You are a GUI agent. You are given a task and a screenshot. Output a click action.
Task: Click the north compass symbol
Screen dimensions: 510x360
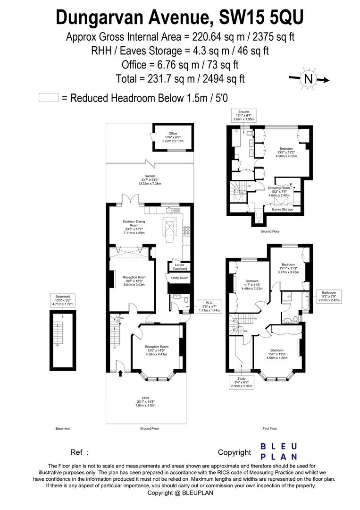click(x=309, y=79)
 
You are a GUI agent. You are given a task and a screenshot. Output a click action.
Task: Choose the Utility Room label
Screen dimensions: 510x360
click(x=180, y=278)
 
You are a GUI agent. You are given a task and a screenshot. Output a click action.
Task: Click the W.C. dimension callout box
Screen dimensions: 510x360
click(x=208, y=306)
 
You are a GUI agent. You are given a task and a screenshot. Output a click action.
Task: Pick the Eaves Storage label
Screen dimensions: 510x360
click(x=284, y=209)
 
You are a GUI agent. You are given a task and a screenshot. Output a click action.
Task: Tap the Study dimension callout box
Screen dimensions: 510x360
click(x=241, y=382)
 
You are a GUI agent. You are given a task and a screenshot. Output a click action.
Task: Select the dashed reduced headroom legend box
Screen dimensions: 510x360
click(x=48, y=98)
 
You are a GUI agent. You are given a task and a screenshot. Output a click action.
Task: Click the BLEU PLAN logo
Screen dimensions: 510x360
click(x=279, y=451)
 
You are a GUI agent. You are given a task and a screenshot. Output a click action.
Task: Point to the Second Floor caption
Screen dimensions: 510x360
click(x=270, y=232)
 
